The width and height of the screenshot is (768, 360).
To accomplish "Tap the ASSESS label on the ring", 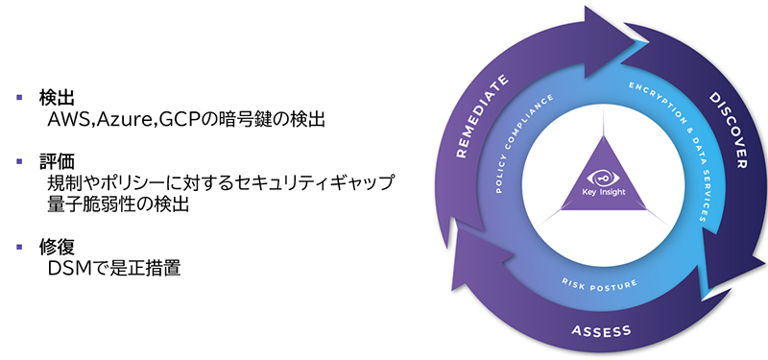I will (602, 331).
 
